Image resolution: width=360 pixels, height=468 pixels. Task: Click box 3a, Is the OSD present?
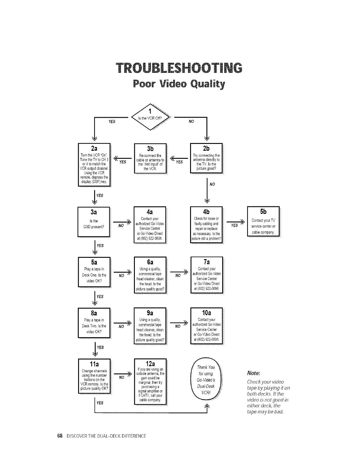94,222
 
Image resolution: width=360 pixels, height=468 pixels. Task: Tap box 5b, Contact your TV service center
263,221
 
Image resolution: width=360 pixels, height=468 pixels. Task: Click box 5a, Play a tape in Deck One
94,272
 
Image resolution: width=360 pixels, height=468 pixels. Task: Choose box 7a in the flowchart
206,275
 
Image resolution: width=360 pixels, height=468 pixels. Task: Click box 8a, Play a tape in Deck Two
94,323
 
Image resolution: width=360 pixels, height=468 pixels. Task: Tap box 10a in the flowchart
206,326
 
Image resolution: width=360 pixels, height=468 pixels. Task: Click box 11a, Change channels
94,376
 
